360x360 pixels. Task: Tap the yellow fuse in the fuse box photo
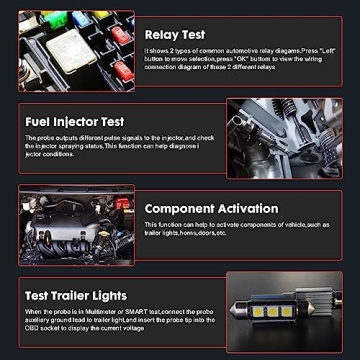click(99, 15)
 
